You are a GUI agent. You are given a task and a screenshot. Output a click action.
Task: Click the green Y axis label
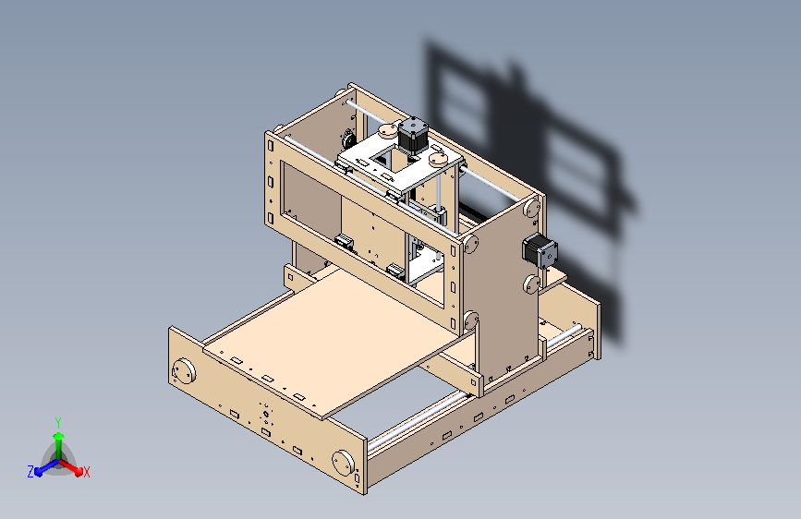58,420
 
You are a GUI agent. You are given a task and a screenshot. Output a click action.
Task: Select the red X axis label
86,472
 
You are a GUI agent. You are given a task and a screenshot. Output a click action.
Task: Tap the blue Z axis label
30,471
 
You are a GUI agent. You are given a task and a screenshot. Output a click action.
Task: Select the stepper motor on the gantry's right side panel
539,250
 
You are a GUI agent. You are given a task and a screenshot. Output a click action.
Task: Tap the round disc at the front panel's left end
184,372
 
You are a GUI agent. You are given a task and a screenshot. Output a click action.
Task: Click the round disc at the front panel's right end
344,461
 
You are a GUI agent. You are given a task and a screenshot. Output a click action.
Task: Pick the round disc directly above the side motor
531,211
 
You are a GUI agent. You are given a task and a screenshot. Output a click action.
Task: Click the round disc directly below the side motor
530,283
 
